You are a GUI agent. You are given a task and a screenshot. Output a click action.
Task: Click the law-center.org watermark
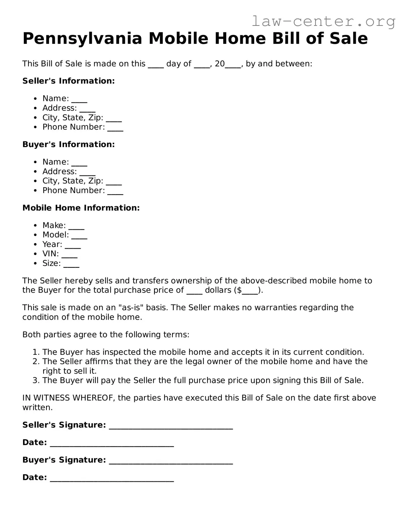(323, 21)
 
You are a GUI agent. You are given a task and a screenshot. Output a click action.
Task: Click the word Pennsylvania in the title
(82, 38)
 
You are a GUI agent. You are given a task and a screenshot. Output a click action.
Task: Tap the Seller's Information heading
(68, 81)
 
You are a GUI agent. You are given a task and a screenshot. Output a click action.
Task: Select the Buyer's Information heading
(68, 145)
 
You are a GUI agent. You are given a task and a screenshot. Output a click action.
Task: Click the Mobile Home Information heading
(81, 208)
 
